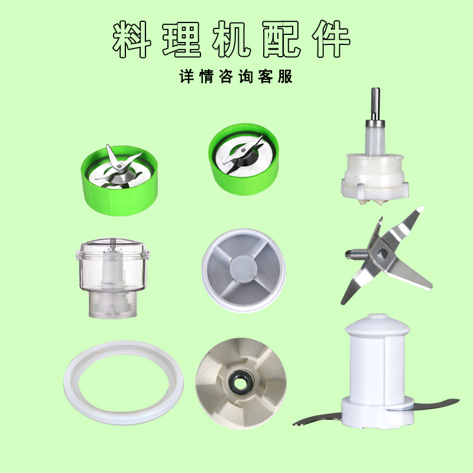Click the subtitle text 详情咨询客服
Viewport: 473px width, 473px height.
click(x=236, y=77)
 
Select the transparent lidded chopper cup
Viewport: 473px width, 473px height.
click(x=111, y=278)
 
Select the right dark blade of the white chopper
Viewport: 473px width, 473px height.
click(x=435, y=404)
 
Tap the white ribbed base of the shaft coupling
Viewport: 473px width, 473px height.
click(x=374, y=177)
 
